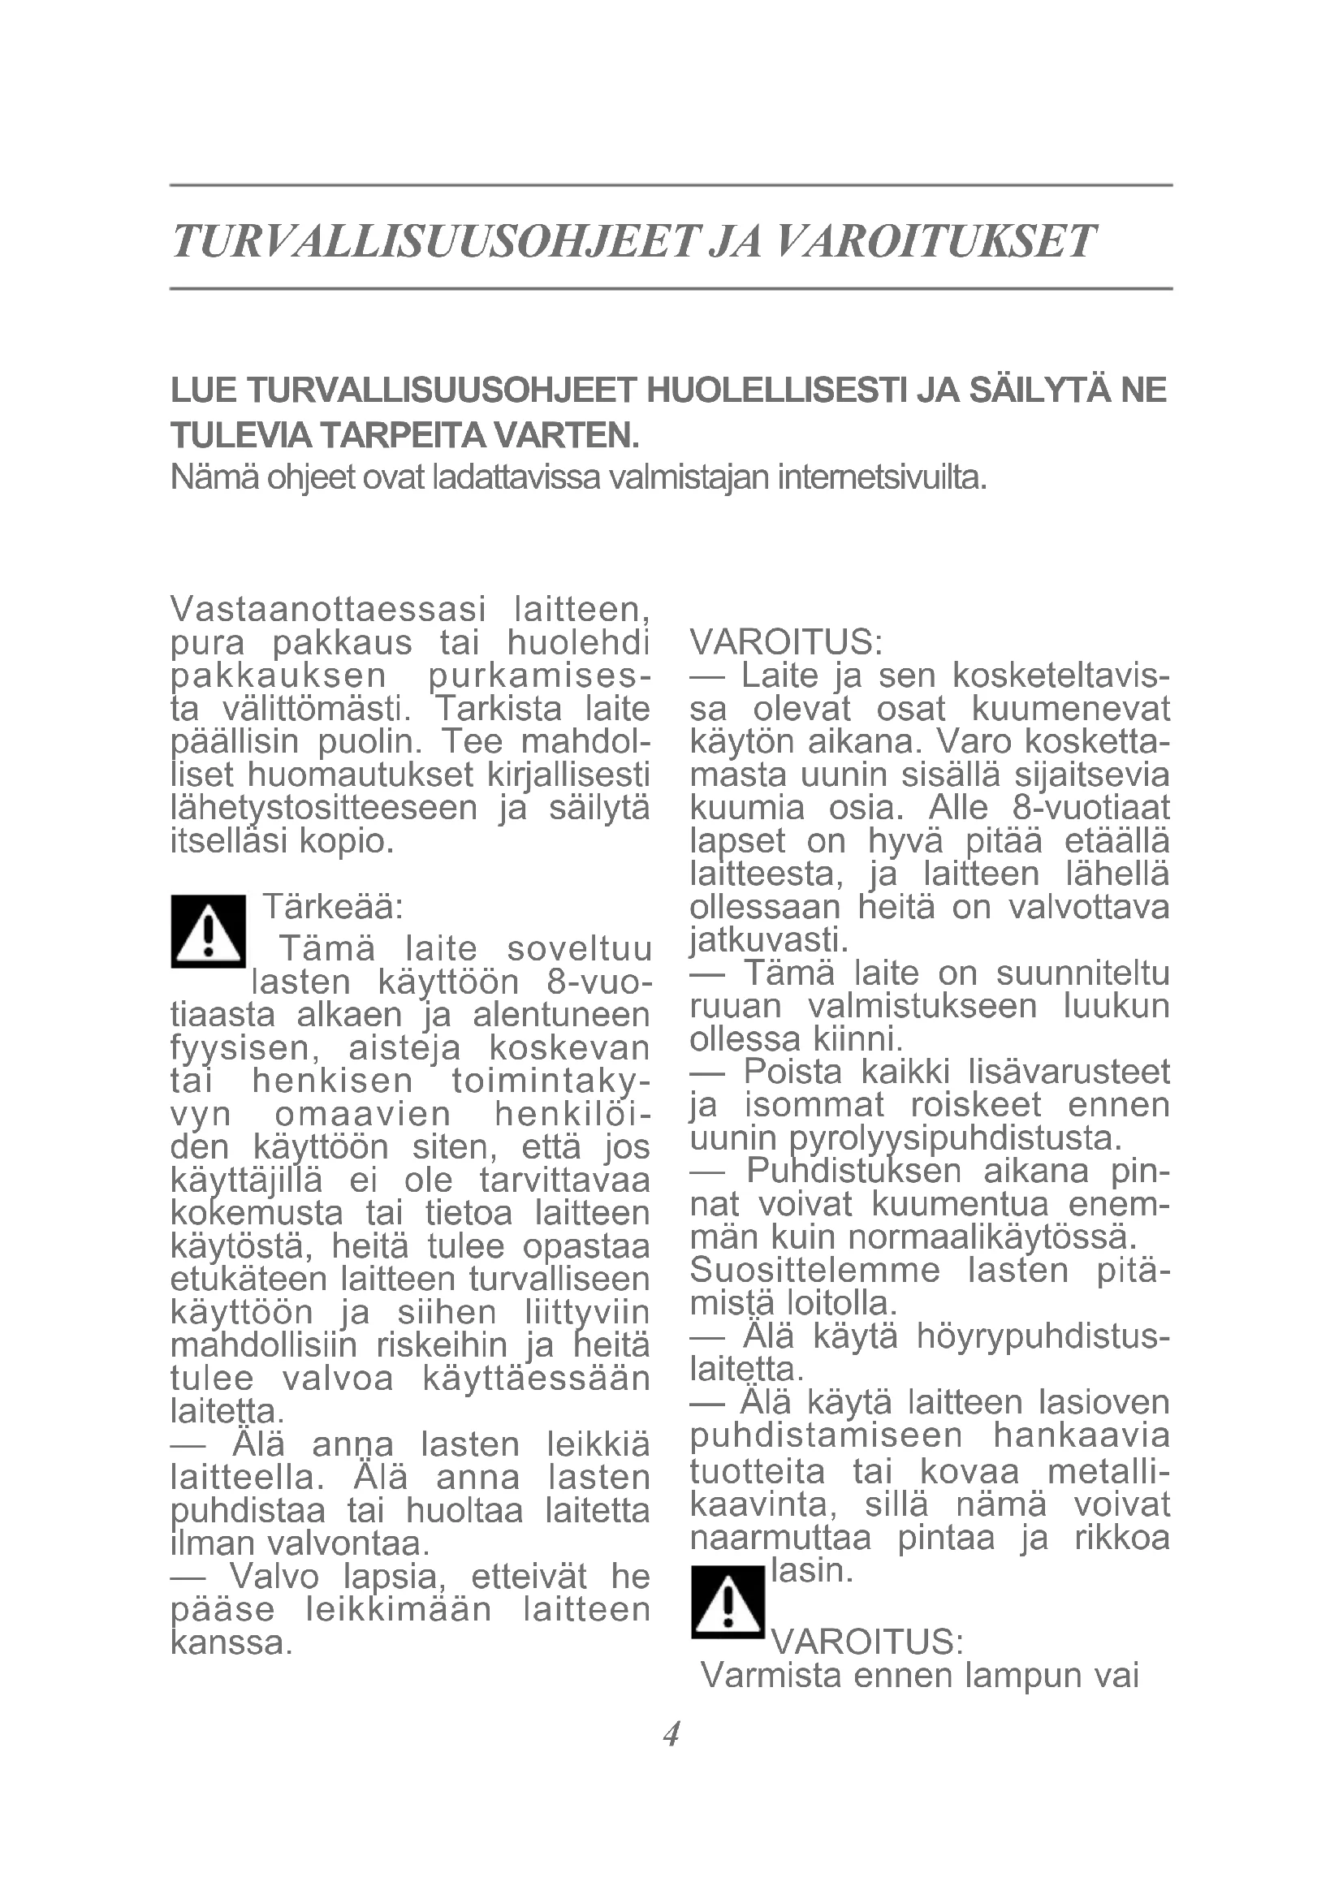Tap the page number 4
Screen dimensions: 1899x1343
point(671,1733)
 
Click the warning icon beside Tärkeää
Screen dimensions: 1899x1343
point(209,932)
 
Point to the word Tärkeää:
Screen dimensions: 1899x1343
point(332,908)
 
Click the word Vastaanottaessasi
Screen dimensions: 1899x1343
point(327,610)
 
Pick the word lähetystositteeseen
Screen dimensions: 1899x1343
point(324,808)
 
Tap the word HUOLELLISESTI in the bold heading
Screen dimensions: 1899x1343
point(777,391)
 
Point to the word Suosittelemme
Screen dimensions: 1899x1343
point(814,1271)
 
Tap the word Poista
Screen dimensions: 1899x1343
point(792,1073)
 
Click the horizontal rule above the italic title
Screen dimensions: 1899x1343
point(671,185)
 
